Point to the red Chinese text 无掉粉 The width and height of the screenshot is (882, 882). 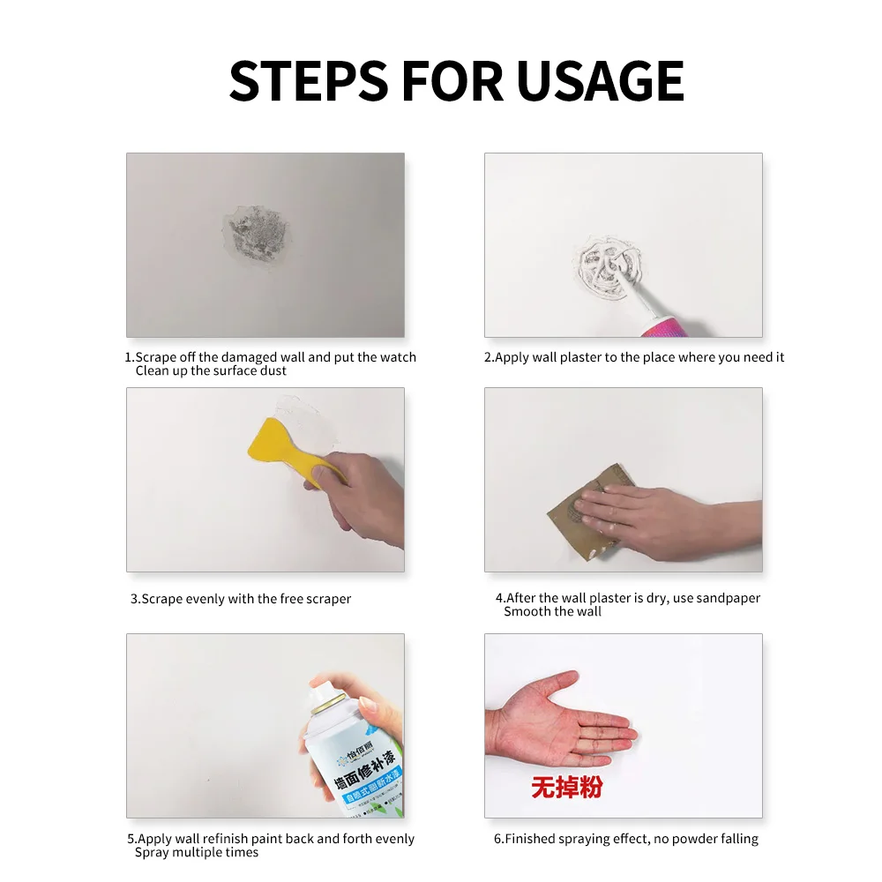(x=566, y=787)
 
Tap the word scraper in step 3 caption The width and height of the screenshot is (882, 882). (x=328, y=599)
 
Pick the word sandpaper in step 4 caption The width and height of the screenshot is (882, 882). (x=729, y=598)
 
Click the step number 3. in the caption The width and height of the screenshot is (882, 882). (x=136, y=599)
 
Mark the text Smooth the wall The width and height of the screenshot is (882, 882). (x=552, y=611)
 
